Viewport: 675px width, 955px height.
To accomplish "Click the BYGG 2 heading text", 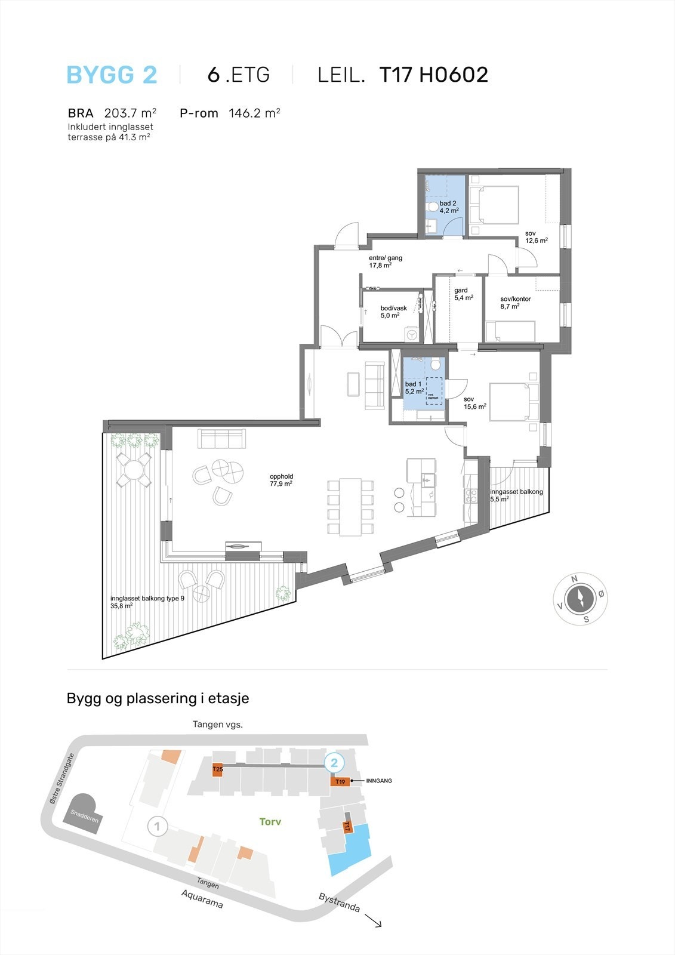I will click(112, 75).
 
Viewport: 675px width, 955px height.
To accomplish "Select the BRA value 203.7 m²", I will click(130, 113).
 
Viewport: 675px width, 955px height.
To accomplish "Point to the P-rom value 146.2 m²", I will click(254, 113).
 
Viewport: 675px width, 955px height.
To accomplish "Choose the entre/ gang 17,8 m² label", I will click(385, 261).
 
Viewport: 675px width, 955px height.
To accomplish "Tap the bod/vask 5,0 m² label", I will click(393, 312).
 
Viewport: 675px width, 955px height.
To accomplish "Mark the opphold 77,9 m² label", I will click(281, 480).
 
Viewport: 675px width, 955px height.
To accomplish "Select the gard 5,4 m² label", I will click(463, 294).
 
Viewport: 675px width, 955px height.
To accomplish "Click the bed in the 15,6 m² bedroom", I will click(514, 402).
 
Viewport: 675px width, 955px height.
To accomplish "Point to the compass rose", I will click(580, 599).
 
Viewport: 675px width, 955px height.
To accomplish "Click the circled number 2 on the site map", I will click(334, 762).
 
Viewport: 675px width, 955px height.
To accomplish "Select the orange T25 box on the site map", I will click(218, 769).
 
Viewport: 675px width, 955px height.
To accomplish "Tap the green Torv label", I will click(270, 822).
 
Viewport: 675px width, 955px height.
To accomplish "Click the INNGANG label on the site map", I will click(378, 781).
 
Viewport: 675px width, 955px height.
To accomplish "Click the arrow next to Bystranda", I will click(374, 921).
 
